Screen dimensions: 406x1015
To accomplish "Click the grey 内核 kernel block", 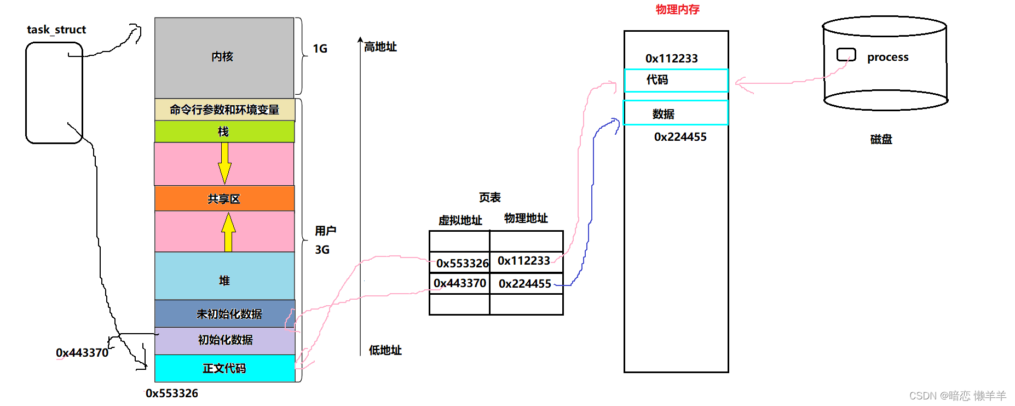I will [224, 57].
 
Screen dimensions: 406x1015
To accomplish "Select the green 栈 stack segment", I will [224, 131].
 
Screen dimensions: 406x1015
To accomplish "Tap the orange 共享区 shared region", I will [224, 198].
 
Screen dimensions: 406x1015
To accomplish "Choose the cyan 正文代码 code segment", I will [224, 368].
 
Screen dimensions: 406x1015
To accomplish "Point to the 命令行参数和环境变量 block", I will [224, 110].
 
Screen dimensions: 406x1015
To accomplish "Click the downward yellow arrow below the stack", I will [224, 163].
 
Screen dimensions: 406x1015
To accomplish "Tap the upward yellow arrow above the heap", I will [228, 232].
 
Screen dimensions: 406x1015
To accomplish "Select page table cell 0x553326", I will [461, 263].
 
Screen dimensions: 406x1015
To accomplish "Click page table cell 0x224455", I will [525, 283].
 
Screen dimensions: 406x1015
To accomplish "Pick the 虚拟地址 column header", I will [460, 220].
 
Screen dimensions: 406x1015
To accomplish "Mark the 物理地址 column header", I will [526, 218].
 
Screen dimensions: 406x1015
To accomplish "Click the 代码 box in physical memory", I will [676, 80].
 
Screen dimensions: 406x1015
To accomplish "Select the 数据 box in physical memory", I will [676, 113].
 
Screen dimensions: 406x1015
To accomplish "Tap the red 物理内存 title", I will [677, 9].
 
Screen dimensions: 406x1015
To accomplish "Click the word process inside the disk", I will [887, 57].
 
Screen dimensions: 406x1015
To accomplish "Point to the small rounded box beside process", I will [846, 55].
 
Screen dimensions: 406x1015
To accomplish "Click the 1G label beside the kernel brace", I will [320, 49].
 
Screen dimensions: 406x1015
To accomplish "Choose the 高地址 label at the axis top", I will [380, 47].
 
